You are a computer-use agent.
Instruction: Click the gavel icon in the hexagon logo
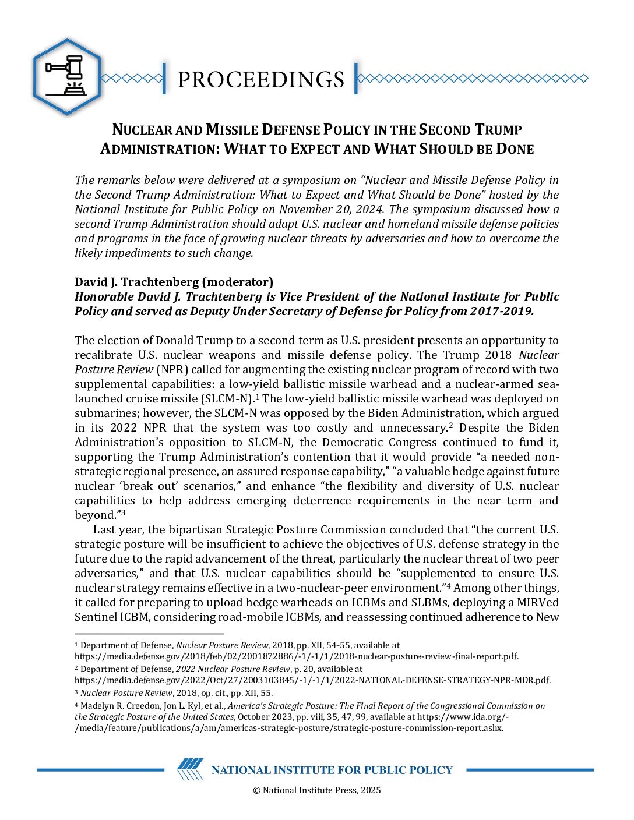coord(66,76)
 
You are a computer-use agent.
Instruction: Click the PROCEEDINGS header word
coord(260,79)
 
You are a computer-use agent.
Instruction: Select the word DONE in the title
coord(515,149)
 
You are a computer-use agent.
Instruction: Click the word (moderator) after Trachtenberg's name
coord(237,282)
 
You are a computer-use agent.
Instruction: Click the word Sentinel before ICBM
coord(96,617)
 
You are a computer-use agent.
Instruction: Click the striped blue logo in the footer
coord(191,769)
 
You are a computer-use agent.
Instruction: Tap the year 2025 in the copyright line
coord(371,790)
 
